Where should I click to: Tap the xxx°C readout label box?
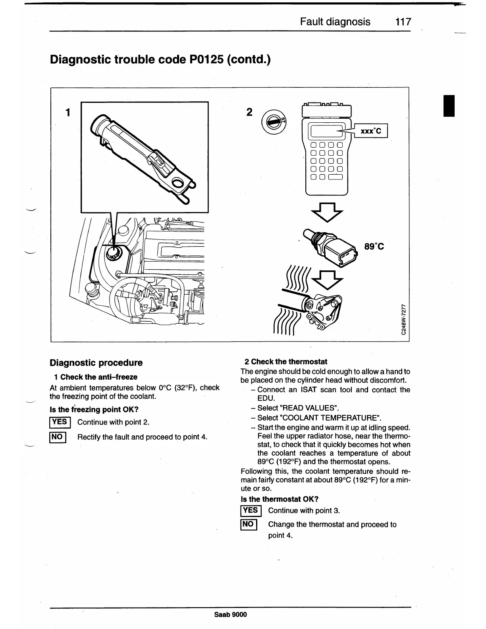(370, 131)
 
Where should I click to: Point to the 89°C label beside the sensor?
(374, 247)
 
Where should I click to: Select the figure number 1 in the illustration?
(68, 112)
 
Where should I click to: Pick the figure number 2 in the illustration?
(249, 112)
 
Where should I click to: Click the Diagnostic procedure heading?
(96, 363)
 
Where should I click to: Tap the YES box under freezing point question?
(60, 422)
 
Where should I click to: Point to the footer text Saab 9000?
(230, 615)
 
